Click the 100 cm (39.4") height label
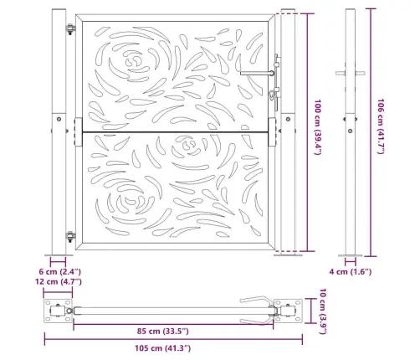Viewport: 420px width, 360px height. (318, 127)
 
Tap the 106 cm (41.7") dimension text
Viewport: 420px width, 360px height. (381, 126)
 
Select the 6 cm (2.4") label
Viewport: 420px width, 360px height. (59, 271)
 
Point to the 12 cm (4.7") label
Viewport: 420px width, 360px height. (59, 281)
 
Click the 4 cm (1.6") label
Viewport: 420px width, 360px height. (351, 271)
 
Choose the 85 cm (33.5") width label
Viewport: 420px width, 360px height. (163, 332)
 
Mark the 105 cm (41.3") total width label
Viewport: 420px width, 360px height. (163, 348)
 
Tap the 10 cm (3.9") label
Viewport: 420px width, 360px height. (322, 311)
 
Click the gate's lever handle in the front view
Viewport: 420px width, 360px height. (257, 73)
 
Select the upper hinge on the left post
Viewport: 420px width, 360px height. (70, 29)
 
